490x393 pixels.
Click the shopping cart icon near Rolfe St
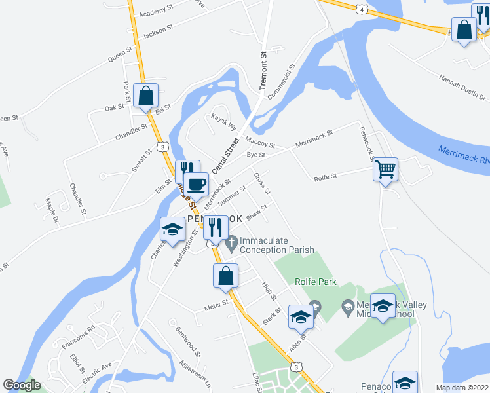[x=385, y=170]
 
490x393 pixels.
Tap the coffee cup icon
[x=195, y=184]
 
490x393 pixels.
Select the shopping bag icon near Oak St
[x=145, y=96]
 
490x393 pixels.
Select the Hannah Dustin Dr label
[x=462, y=87]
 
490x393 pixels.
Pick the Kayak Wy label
[x=223, y=120]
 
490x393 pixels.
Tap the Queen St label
[x=121, y=54]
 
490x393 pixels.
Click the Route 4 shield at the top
[x=360, y=8]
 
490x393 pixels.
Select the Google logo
[x=22, y=386]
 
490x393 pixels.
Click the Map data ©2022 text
[x=462, y=388]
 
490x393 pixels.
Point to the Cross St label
[x=262, y=183]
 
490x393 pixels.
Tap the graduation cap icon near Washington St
[x=172, y=230]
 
